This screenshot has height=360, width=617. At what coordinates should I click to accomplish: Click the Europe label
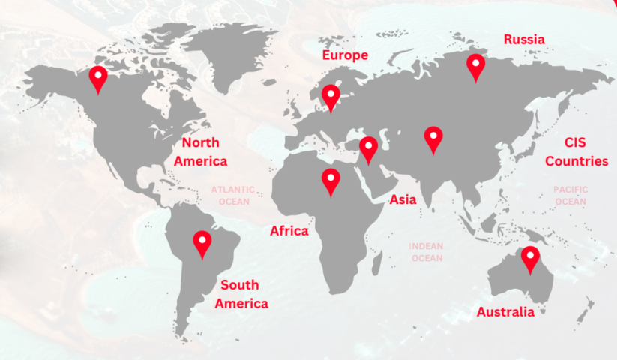click(345, 55)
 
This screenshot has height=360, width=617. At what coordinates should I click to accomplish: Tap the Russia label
click(524, 39)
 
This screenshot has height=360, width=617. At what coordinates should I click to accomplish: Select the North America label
click(200, 151)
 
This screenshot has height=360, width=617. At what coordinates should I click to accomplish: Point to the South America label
click(241, 294)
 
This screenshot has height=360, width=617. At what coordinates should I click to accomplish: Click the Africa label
click(289, 231)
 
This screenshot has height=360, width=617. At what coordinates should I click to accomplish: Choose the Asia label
click(403, 199)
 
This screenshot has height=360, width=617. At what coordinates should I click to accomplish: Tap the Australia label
click(505, 312)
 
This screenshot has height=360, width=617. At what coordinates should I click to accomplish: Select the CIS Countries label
click(576, 151)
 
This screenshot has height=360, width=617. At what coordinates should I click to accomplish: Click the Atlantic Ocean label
click(232, 196)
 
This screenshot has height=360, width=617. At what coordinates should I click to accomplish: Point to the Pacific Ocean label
click(571, 196)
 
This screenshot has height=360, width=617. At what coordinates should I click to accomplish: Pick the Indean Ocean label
click(427, 252)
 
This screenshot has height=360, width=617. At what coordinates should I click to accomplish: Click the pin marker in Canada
click(97, 77)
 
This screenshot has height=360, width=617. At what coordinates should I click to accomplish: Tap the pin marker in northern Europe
click(331, 96)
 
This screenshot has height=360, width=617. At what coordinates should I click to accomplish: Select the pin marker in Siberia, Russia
click(475, 65)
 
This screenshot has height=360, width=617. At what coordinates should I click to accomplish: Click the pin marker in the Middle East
click(368, 148)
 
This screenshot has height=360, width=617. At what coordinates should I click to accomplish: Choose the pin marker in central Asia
click(433, 138)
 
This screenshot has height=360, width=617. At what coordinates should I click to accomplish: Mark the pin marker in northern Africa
click(331, 180)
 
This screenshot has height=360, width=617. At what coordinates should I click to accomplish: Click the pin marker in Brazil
click(202, 242)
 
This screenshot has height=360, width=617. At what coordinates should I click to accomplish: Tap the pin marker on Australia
click(531, 258)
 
